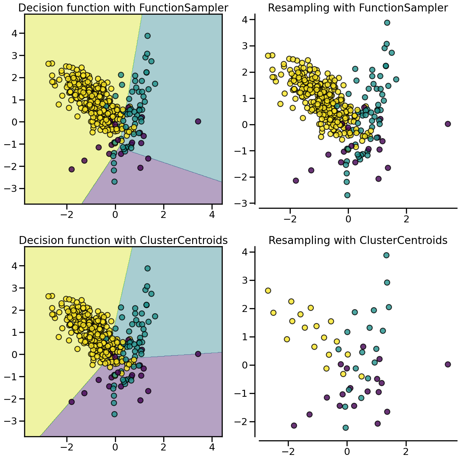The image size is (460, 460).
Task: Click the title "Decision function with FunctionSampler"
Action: (123, 8)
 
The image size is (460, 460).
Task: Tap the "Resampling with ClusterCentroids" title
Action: (358, 240)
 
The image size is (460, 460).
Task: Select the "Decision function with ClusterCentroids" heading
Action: (123, 240)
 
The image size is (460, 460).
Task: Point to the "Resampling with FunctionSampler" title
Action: (358, 8)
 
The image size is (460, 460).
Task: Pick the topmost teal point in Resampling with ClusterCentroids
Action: (386, 255)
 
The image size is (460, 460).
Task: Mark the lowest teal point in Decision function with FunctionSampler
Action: (114, 181)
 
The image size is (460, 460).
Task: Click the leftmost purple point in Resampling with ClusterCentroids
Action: (294, 425)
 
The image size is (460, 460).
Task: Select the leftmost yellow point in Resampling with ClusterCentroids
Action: (268, 291)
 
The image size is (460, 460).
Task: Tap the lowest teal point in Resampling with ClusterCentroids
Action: (346, 428)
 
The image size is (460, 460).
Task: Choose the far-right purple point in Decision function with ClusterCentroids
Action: (198, 354)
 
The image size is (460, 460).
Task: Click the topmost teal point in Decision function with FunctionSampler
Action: (147, 36)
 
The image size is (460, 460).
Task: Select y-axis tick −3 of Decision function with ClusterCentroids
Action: (14, 421)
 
